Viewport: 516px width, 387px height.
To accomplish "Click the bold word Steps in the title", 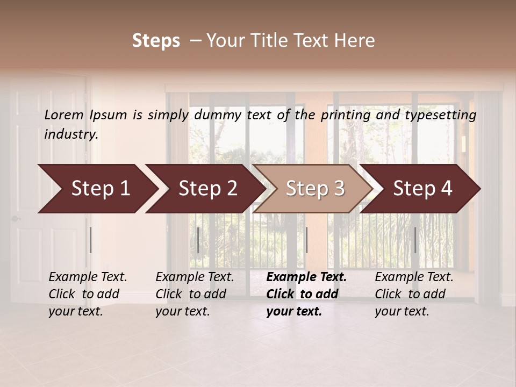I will [156, 41].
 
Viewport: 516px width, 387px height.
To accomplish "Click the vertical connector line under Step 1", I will [91, 240].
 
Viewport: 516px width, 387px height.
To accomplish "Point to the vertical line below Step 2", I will [198, 240].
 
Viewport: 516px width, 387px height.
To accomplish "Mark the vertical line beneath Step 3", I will [307, 240].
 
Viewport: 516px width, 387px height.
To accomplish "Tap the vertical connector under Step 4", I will [415, 240].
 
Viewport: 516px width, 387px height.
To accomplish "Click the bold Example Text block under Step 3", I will [306, 294].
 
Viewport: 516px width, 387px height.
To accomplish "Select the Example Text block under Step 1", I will [88, 294].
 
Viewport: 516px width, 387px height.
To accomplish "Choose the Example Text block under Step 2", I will [195, 294].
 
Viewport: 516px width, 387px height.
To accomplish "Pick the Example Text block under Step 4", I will [414, 294].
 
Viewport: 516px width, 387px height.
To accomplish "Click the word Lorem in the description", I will [64, 115].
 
